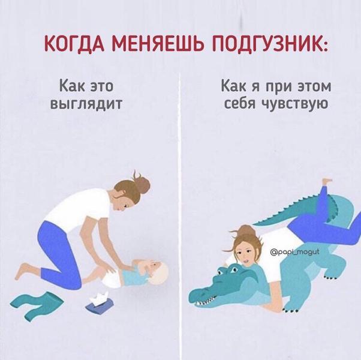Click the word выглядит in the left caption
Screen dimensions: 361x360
coord(86,104)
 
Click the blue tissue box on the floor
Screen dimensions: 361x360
coord(100,304)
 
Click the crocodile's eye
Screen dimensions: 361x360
coord(234,269)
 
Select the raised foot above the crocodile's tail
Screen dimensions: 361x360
coord(327,181)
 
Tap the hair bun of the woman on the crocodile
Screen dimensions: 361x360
coord(245,230)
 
